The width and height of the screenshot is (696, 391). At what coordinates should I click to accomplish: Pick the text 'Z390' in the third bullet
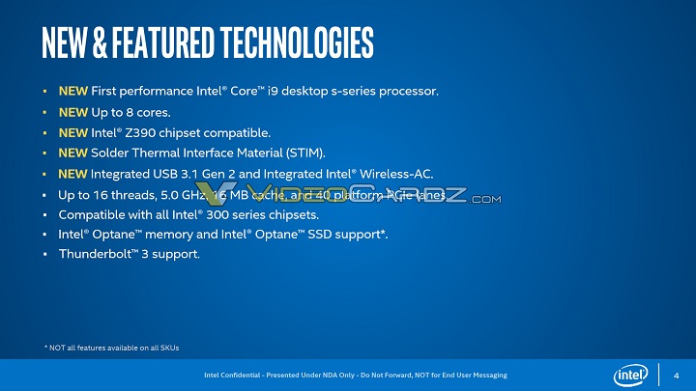click(148, 133)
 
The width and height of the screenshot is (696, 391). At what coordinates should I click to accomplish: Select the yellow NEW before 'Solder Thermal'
click(73, 154)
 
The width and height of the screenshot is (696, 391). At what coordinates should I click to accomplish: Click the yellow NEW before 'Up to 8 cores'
click(73, 113)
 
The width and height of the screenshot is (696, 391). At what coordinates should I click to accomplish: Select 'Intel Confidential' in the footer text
click(231, 375)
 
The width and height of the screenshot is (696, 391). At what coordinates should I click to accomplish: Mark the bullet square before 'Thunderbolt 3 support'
click(45, 255)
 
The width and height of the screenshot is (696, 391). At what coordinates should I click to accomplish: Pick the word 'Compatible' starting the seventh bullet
click(92, 214)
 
